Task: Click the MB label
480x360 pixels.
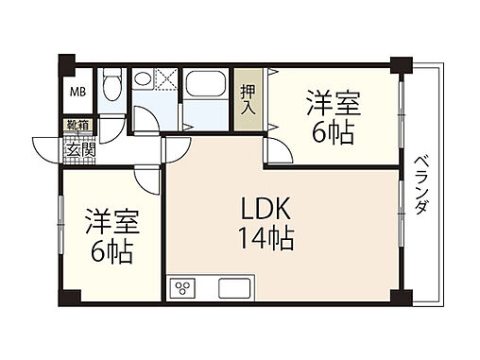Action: point(77,92)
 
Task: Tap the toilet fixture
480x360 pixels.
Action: point(112,84)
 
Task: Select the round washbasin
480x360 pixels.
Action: point(143,77)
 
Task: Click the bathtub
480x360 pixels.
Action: point(205,83)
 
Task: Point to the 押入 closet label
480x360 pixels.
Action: point(248,99)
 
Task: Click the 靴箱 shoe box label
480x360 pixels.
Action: point(78,125)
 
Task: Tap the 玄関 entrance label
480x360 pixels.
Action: point(80,150)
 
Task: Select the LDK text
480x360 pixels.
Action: point(266,209)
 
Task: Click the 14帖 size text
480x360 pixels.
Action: point(266,238)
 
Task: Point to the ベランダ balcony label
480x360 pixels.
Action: point(421,185)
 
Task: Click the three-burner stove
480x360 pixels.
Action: point(182,288)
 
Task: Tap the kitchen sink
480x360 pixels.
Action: point(234,288)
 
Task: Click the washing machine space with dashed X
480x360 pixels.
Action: point(165,78)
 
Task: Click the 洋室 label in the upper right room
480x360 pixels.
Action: point(334,103)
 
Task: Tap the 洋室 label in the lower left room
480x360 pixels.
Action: point(112,221)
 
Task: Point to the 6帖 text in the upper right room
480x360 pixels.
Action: point(334,132)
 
